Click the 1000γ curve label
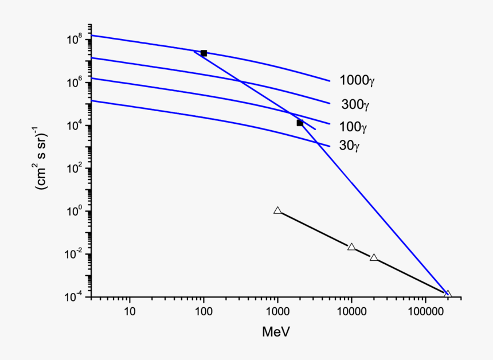coord(357,80)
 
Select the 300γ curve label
coord(356,104)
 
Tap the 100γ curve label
coord(353,126)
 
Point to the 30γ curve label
coord(349,146)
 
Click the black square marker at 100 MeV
coord(204,53)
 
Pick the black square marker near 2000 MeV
coord(300,123)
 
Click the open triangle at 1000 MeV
coord(277,211)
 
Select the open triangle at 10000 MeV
coord(351,247)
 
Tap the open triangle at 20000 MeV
coord(374,258)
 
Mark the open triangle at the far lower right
coord(448,294)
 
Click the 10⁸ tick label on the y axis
coord(76,40)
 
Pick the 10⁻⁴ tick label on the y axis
coord(76,298)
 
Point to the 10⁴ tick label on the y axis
coord(76,126)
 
